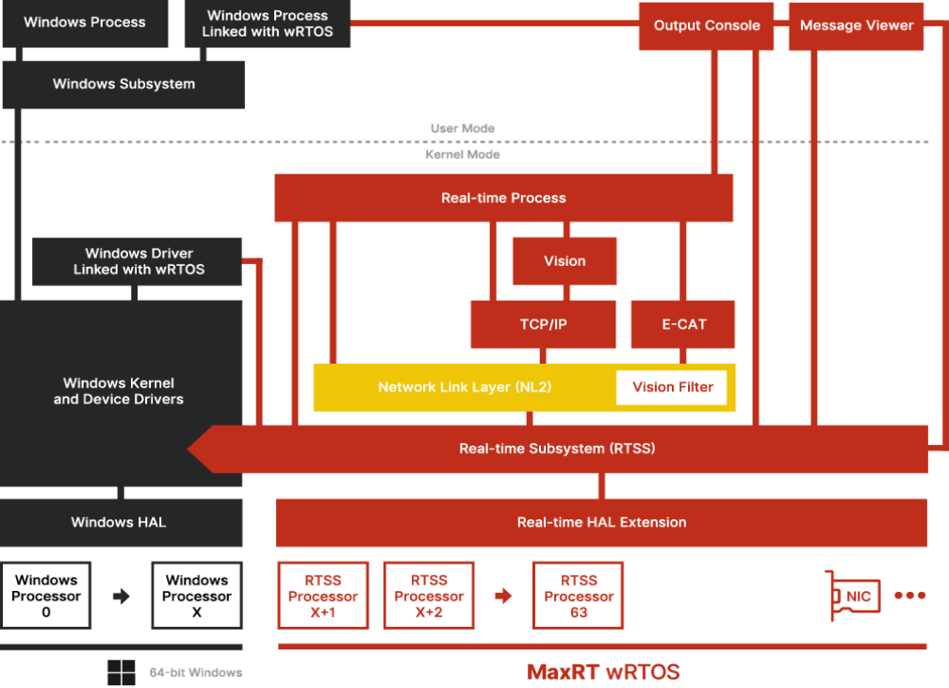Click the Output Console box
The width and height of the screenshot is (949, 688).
[706, 25]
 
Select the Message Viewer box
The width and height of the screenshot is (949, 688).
[857, 25]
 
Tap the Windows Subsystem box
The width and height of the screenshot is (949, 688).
[123, 85]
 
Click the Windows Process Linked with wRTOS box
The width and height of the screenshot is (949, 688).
[268, 24]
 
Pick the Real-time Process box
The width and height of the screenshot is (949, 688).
[503, 198]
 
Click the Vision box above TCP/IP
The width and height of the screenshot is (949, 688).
[564, 261]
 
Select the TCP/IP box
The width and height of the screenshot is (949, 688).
[543, 324]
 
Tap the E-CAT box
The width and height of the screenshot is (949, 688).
[684, 324]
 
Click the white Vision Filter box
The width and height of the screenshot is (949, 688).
[672, 387]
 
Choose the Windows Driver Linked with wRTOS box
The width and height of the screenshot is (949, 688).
[139, 261]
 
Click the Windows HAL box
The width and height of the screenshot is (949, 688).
[119, 522]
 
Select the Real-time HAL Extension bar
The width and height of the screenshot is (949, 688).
[601, 522]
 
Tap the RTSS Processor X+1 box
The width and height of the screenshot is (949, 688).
[323, 596]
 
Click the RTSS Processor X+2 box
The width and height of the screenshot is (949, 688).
[429, 596]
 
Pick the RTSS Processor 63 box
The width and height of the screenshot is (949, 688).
[579, 596]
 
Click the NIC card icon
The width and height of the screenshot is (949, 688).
[854, 596]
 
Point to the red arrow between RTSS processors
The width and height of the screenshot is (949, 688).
[503, 596]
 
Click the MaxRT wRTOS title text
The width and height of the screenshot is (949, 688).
[603, 672]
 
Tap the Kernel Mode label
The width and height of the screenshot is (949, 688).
[463, 155]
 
